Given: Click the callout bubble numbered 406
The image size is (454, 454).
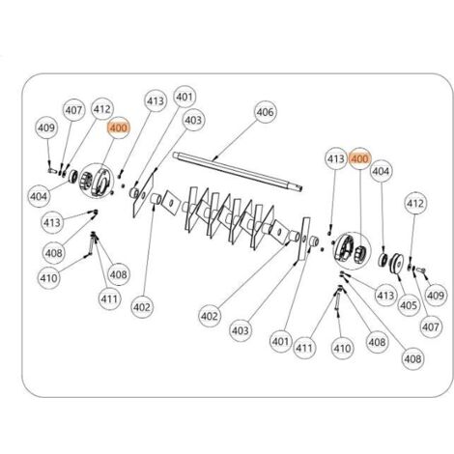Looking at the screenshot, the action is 266,112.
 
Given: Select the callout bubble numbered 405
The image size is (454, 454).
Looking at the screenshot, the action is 409,305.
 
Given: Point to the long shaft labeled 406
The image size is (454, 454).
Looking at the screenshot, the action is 238,172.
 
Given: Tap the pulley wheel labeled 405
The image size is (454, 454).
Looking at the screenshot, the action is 396,264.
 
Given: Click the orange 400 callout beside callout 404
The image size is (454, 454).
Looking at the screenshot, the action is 360,158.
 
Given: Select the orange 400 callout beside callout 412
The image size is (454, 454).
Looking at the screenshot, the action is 119,128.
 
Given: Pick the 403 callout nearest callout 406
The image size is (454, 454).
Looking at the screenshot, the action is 193,121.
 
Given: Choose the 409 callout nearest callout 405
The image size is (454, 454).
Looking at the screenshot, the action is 436,296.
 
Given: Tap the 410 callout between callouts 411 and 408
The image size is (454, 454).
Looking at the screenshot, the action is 343,348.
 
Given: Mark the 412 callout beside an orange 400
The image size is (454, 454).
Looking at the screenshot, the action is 101,109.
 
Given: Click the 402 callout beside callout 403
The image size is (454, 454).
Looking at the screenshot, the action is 210,316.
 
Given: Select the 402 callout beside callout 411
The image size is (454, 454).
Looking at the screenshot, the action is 142,307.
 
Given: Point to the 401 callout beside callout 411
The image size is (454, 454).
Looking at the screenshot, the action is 280,341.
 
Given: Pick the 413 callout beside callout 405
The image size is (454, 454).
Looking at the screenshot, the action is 385,296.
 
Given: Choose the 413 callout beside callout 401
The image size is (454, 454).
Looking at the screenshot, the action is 156,101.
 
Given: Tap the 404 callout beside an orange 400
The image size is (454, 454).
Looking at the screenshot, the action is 381,171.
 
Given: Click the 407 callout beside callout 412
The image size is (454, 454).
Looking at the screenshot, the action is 73,110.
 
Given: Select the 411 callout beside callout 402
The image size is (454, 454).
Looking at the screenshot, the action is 109,298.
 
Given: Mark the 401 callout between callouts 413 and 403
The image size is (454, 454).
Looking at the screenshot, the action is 184,97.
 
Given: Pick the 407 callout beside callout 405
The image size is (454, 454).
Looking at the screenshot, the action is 430,327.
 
